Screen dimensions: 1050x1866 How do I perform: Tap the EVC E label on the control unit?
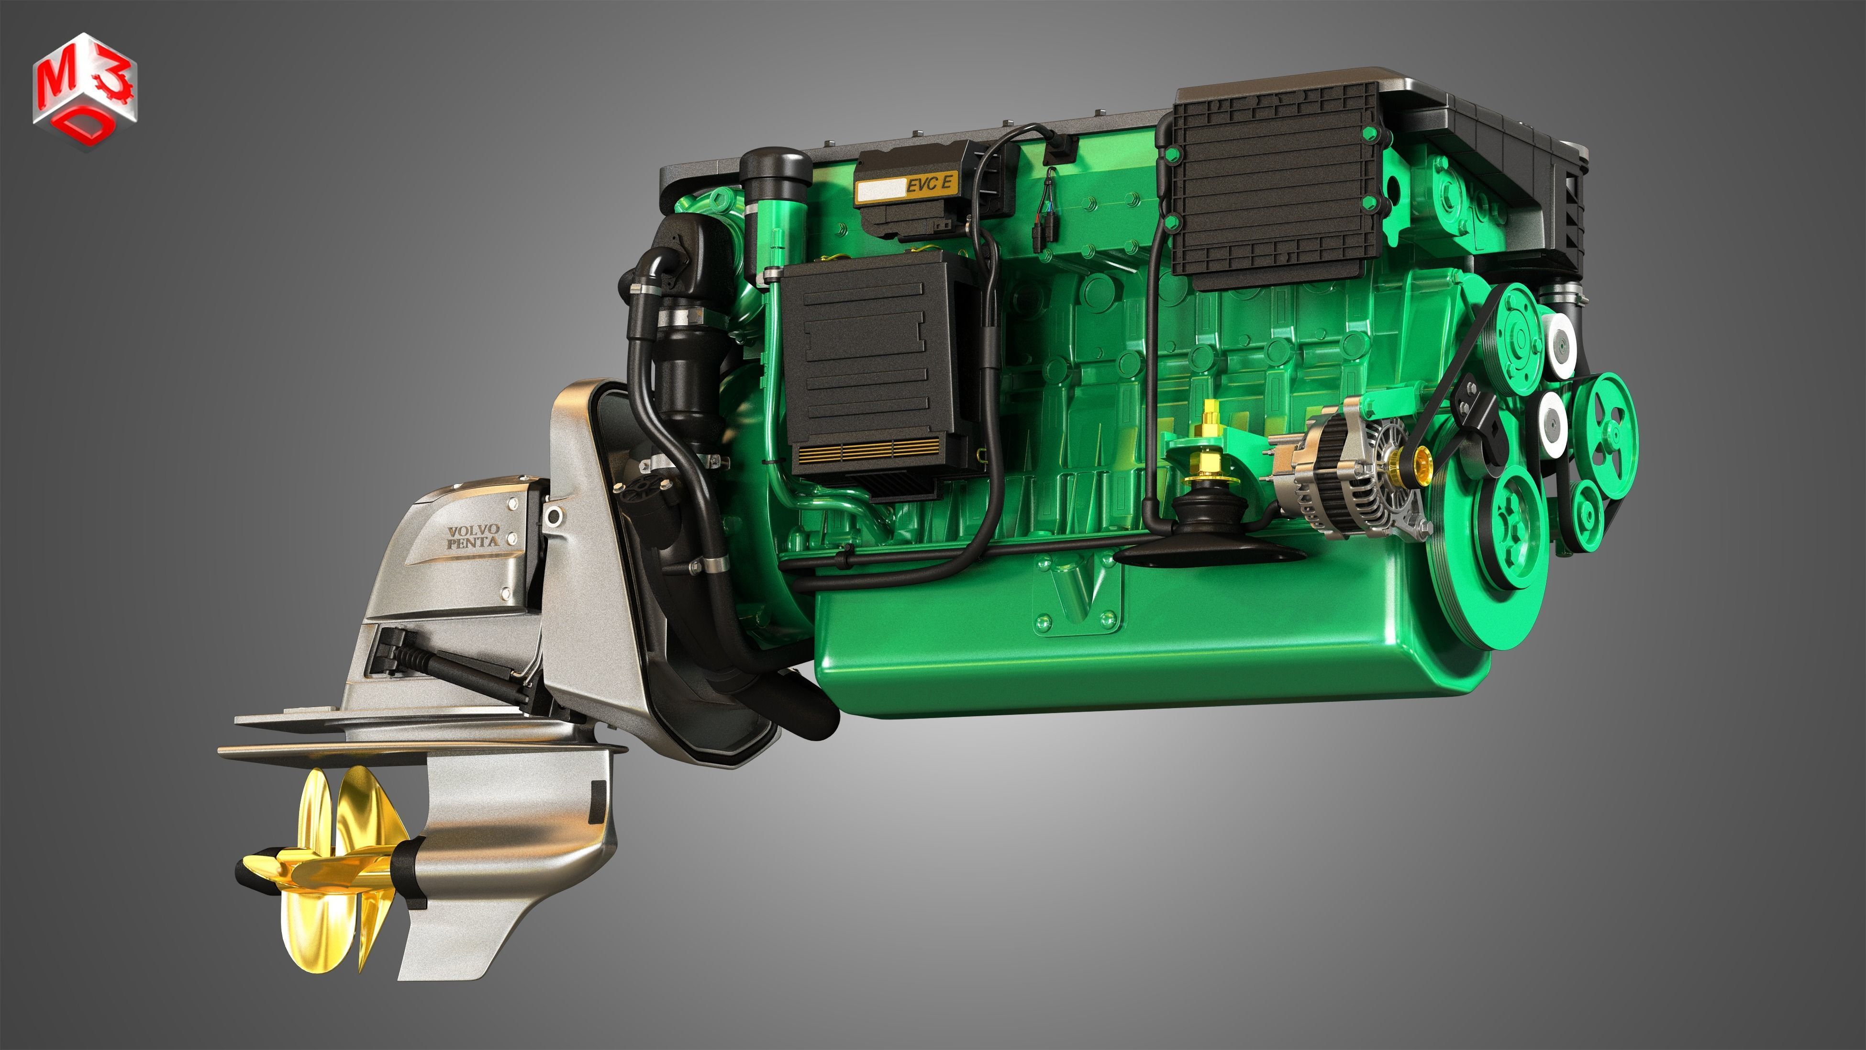click(929, 185)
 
